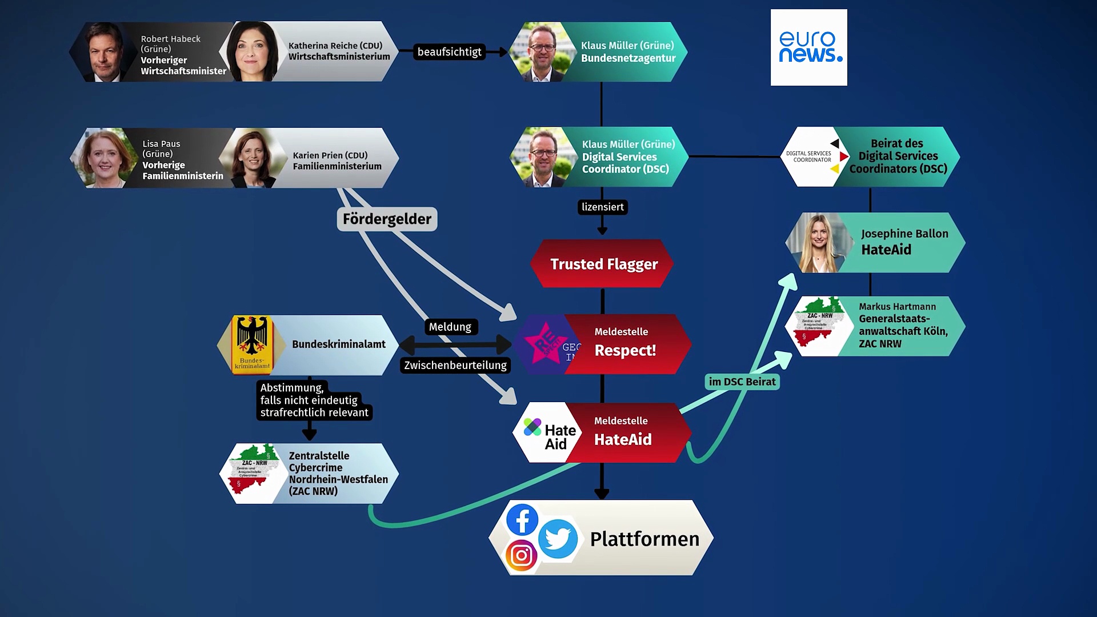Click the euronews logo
tap(808, 47)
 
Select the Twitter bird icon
tap(558, 539)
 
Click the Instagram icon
tap(521, 555)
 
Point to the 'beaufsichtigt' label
tap(449, 52)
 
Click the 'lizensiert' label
tap(602, 207)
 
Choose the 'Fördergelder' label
tap(387, 219)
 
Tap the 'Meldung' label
tap(450, 327)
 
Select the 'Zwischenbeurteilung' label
tap(455, 365)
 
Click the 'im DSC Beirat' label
tap(742, 382)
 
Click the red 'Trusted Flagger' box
tap(603, 264)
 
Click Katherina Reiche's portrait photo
tap(252, 52)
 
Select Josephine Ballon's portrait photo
tap(819, 243)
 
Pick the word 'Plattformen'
tap(644, 539)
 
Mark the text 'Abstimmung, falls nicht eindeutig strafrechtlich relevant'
tap(314, 400)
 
